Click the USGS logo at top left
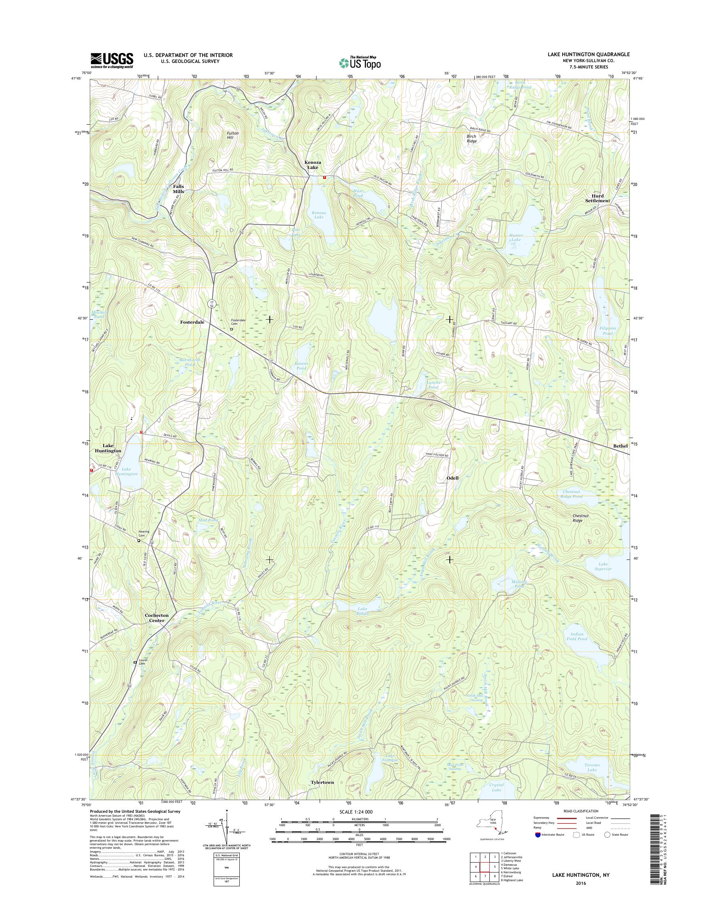click(112, 60)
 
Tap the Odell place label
click(452, 478)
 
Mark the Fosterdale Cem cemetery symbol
click(231, 329)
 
